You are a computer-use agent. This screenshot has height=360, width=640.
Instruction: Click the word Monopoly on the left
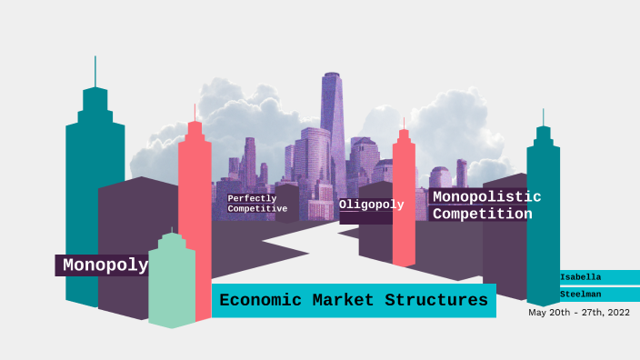pos(105,265)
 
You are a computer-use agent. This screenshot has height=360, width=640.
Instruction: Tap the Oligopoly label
pos(371,205)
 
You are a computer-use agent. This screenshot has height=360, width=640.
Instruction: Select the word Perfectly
pos(252,198)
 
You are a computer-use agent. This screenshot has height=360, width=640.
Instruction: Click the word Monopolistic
pos(486,196)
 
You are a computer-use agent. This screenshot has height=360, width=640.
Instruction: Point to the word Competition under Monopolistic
pos(482,215)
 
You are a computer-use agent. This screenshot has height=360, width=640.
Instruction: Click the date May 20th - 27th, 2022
pos(578,312)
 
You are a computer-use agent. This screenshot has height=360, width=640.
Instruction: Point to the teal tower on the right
pos(543,218)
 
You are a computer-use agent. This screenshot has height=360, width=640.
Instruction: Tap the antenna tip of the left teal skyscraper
pos(95,59)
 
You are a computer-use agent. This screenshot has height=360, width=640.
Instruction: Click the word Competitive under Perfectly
pos(257,209)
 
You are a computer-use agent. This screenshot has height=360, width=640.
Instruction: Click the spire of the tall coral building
pos(194,109)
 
